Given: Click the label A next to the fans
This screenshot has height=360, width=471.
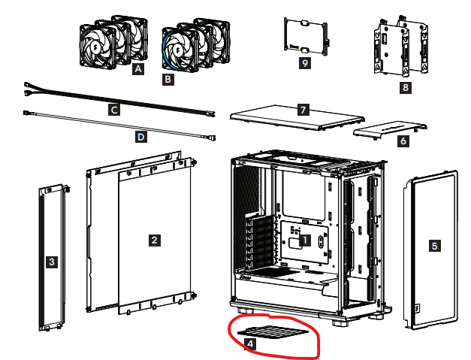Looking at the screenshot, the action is point(138,69).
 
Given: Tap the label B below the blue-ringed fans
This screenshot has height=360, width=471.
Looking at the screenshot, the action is point(168,80).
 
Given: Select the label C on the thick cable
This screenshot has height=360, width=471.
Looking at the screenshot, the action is point(114,110).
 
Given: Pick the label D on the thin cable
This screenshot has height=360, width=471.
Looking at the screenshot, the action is point(141,137).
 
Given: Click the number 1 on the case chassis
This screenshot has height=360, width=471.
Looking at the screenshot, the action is point(305,241).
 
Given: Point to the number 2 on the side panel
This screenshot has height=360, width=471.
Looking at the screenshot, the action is point(155,240).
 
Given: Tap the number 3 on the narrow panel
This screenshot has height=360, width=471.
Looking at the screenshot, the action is point(52,262).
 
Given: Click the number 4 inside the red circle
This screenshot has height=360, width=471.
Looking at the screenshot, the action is point(250,344).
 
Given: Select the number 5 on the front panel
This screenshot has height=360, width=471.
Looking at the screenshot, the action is point(434,246).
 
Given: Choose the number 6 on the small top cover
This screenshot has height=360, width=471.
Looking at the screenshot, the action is point(403,141).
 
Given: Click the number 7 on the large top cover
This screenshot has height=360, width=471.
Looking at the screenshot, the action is point(303,110).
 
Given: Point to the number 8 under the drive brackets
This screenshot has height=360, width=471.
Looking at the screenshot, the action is point(405,87).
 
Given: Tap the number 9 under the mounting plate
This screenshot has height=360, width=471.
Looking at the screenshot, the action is point(305,63).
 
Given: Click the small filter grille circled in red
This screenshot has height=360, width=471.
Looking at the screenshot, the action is point(273,331).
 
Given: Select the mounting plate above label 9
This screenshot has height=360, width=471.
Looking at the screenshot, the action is point(306,37).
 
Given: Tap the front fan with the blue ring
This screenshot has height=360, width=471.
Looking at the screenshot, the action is point(180,50).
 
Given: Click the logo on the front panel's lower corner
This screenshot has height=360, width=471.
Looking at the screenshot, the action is point(418,309).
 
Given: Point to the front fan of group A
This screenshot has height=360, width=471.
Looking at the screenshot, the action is point(98,47).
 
